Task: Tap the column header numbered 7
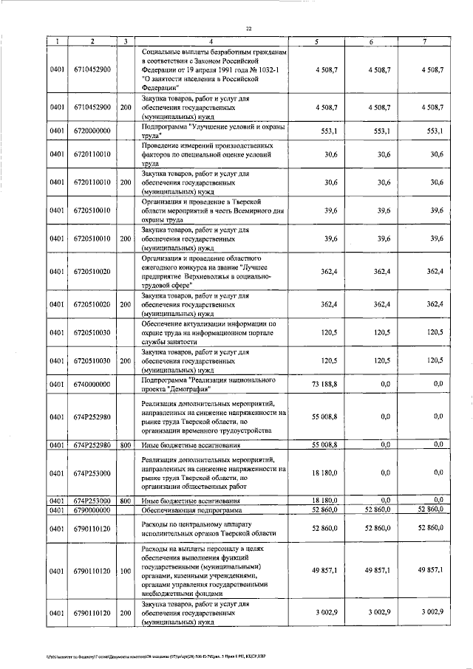pyautogui.click(x=424, y=41)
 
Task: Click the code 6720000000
pyautogui.click(x=92, y=131)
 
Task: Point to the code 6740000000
pyautogui.click(x=92, y=384)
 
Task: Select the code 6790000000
pyautogui.click(x=92, y=510)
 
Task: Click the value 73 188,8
pyautogui.click(x=322, y=384)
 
